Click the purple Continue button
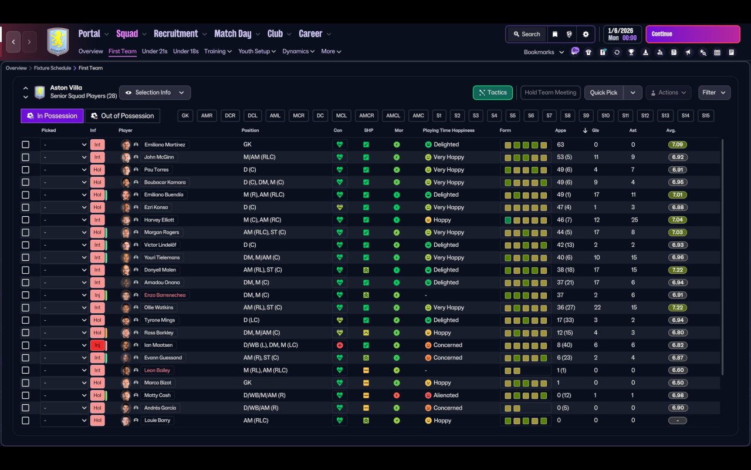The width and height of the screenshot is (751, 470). point(693,34)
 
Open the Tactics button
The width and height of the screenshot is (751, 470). point(492,93)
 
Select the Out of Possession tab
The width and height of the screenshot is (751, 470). point(123,116)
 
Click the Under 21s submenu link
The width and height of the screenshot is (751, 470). point(154,51)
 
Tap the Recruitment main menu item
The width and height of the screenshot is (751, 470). point(176,34)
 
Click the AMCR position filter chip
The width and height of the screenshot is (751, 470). point(367,116)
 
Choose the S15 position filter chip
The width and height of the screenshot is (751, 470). point(706,116)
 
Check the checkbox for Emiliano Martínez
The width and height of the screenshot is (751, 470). point(25,145)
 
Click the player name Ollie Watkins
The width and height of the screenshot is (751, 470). point(158,307)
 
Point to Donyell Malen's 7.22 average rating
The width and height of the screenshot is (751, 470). point(678,270)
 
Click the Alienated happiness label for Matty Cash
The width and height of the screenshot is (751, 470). point(445,395)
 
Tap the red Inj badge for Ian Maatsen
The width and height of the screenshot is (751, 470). point(97,345)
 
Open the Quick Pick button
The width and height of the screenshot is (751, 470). point(604,93)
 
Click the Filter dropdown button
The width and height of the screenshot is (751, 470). point(714,93)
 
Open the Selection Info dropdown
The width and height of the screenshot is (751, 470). point(155,93)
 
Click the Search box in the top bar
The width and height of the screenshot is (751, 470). point(527,34)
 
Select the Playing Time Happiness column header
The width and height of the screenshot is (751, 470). point(448,130)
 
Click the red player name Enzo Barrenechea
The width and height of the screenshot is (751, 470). point(165,295)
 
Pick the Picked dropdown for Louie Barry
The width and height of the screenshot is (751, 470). point(65,421)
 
